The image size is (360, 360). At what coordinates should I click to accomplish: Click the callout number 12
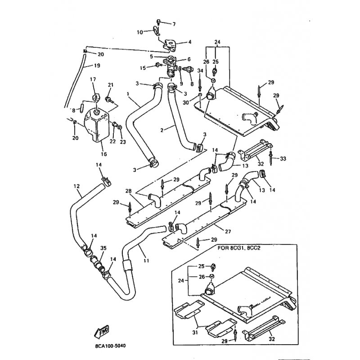[x=76, y=186]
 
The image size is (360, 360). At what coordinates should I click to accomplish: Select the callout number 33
[x=283, y=158]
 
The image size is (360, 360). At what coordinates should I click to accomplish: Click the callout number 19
[x=97, y=66]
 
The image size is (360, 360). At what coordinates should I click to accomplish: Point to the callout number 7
[x=174, y=23]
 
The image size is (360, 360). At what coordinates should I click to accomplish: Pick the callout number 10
[x=139, y=32]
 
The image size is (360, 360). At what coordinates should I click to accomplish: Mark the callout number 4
[x=189, y=42]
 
